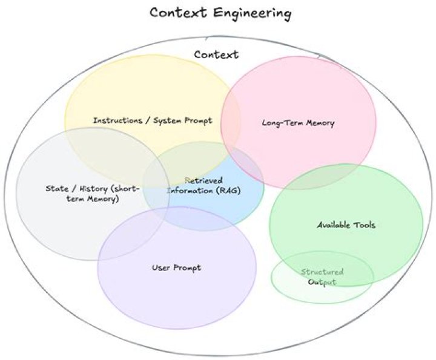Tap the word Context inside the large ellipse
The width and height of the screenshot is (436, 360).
coord(216,54)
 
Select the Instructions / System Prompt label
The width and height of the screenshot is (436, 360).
coord(153,120)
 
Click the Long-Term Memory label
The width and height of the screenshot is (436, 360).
coord(298,123)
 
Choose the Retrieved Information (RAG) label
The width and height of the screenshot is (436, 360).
coord(203,185)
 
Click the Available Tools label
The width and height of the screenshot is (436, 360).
coord(346,225)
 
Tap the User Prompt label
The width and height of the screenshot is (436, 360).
coord(176,267)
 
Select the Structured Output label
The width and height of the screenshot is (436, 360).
coord(322,277)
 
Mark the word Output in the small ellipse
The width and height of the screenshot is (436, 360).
coord(322,283)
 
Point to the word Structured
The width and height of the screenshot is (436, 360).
coord(322,272)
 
